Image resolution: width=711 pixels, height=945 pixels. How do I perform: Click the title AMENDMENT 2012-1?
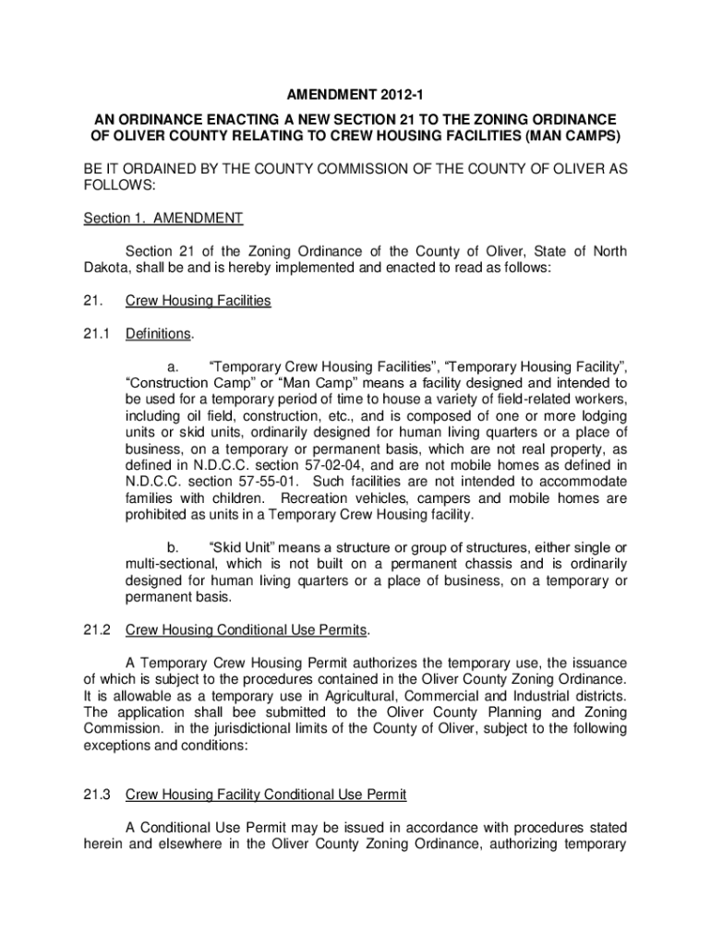(x=355, y=95)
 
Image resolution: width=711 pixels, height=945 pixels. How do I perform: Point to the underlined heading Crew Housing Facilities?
(x=198, y=301)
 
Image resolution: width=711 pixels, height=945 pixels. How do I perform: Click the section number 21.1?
(x=97, y=332)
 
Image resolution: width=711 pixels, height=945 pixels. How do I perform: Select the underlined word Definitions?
(x=158, y=332)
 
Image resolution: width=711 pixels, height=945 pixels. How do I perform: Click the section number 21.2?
(x=97, y=630)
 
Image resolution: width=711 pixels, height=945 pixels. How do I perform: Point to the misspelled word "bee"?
(x=235, y=712)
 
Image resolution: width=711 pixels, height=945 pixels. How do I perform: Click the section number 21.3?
(x=97, y=795)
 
